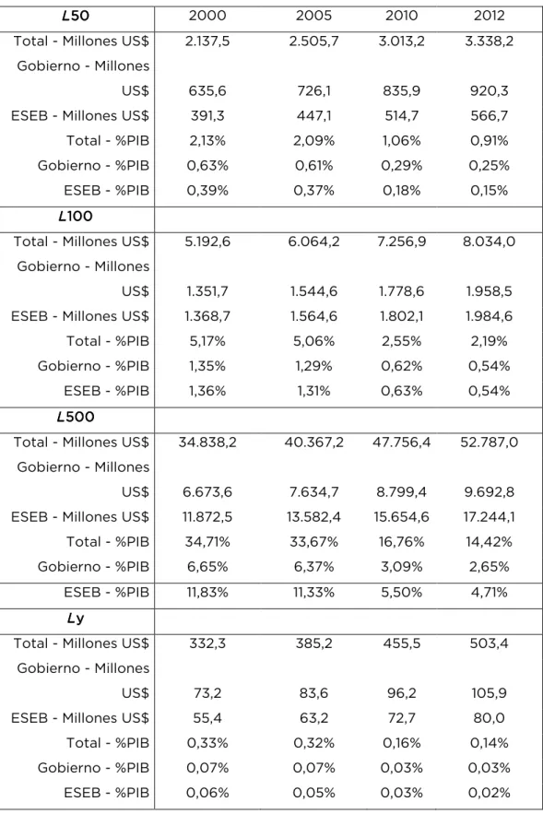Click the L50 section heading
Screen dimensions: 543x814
(76, 16)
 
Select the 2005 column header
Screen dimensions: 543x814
(313, 16)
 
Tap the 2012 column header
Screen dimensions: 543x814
(489, 16)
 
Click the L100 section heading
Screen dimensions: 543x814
(76, 216)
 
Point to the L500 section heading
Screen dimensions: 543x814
(76, 417)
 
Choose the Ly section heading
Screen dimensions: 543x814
(76, 618)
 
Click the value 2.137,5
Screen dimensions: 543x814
(207, 41)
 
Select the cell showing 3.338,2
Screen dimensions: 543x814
(489, 41)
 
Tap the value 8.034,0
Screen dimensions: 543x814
(489, 242)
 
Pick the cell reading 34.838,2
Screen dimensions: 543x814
(207, 442)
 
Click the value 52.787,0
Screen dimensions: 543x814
(489, 442)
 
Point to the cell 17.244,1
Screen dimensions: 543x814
(489, 516)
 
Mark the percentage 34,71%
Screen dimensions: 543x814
(207, 541)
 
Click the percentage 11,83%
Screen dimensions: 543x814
(207, 592)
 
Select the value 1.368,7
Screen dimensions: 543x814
(207, 316)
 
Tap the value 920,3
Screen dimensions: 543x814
(489, 91)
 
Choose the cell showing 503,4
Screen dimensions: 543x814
(489, 643)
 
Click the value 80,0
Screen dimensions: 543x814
(489, 718)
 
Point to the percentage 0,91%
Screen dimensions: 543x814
(489, 141)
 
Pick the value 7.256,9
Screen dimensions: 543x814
(401, 242)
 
